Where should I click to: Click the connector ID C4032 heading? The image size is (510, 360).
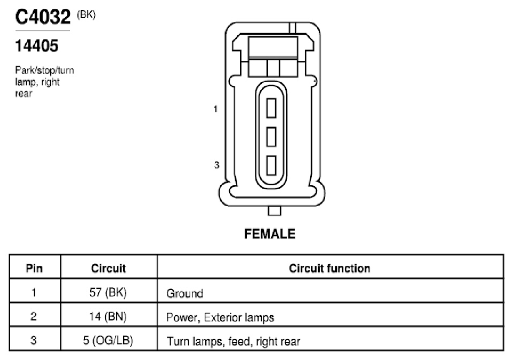[x=43, y=17]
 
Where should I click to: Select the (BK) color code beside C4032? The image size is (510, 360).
[x=86, y=14]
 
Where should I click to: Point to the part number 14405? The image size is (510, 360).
[x=36, y=45]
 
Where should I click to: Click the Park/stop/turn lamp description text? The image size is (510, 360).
[x=44, y=82]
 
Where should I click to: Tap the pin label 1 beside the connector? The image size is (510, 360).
[x=215, y=109]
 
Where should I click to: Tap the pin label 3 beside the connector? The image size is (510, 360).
[x=217, y=165]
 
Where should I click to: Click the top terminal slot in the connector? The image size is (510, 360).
[x=271, y=108]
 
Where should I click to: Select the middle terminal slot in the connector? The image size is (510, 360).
[x=271, y=137]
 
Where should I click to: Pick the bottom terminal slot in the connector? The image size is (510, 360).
[x=271, y=166]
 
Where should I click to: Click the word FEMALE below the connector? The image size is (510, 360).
[x=269, y=234]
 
